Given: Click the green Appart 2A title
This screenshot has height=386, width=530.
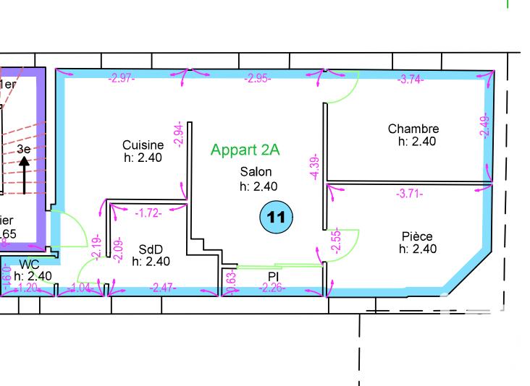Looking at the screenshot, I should point(245,150).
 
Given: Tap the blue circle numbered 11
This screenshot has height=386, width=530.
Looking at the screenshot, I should point(276,217).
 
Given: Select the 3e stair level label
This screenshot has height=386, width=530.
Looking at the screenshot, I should point(24,149).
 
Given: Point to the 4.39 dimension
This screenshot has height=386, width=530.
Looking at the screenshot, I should point(314,167).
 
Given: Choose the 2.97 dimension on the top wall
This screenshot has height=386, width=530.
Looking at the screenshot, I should point(122,79).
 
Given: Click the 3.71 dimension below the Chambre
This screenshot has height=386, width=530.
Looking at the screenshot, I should point(409,194).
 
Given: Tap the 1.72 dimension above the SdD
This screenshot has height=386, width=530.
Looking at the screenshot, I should point(149,213).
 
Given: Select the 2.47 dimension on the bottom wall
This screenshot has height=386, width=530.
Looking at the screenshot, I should point(162,288).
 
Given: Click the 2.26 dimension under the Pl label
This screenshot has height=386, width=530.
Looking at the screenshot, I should point(272,288).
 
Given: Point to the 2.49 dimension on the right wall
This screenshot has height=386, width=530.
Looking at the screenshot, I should point(485,127).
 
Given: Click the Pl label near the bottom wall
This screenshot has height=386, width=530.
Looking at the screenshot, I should point(274,276).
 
